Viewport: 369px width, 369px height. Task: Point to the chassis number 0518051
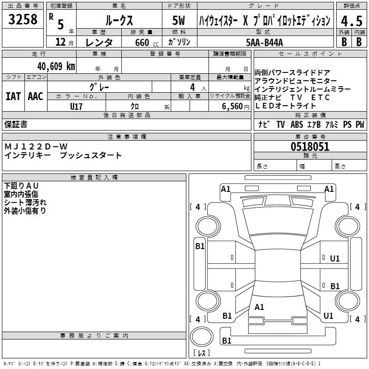310,147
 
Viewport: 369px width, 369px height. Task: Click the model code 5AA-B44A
264,42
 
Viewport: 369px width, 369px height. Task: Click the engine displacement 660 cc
140,42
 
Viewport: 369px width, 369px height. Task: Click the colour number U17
76,106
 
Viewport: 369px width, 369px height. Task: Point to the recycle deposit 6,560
232,106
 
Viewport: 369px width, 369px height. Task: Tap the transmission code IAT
13,96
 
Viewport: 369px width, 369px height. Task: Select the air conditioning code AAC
35,96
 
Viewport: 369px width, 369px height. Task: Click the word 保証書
16,125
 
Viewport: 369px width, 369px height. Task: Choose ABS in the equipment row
297,125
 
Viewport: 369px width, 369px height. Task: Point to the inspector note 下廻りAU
22,185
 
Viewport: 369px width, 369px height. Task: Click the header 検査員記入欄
94,177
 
